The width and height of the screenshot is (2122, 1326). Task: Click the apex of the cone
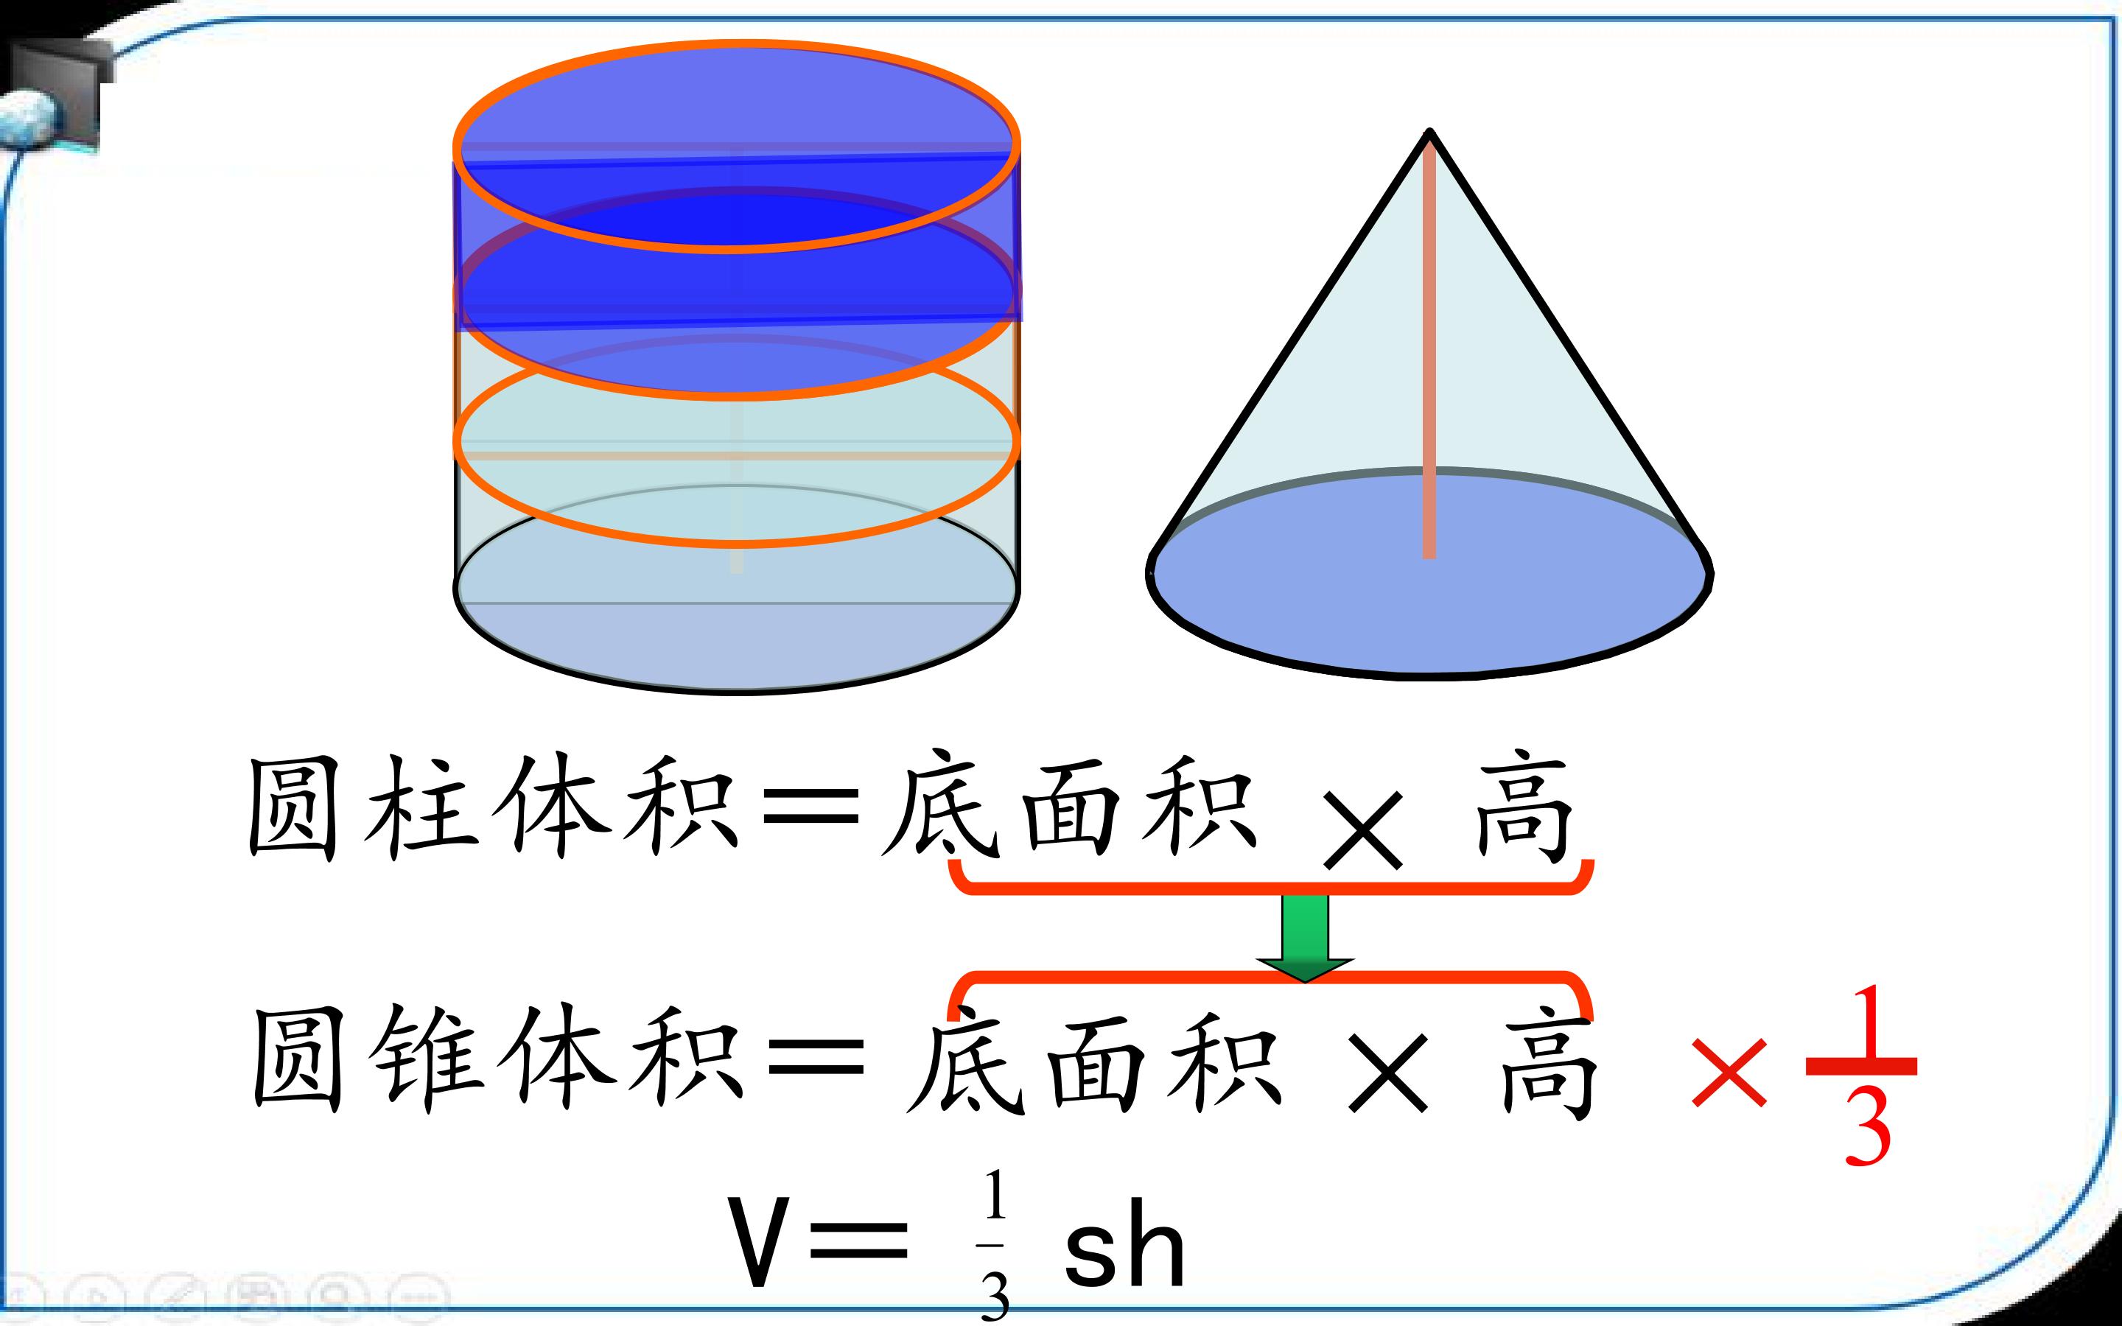1430,133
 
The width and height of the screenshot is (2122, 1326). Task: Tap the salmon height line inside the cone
1429,346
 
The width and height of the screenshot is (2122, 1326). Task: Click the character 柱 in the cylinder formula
421,807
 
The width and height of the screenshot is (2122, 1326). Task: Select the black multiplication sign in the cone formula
1388,1074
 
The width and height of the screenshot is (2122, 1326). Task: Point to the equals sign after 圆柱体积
811,807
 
